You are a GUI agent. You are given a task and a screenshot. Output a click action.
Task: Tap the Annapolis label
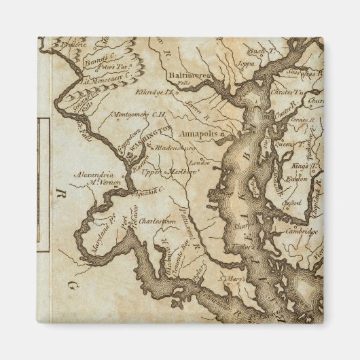coord(199,134)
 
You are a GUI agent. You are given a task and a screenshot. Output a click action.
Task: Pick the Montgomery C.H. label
coord(139,114)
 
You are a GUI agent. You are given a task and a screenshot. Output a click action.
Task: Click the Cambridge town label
coord(302,231)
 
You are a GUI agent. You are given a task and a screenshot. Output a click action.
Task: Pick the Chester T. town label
coord(287,92)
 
